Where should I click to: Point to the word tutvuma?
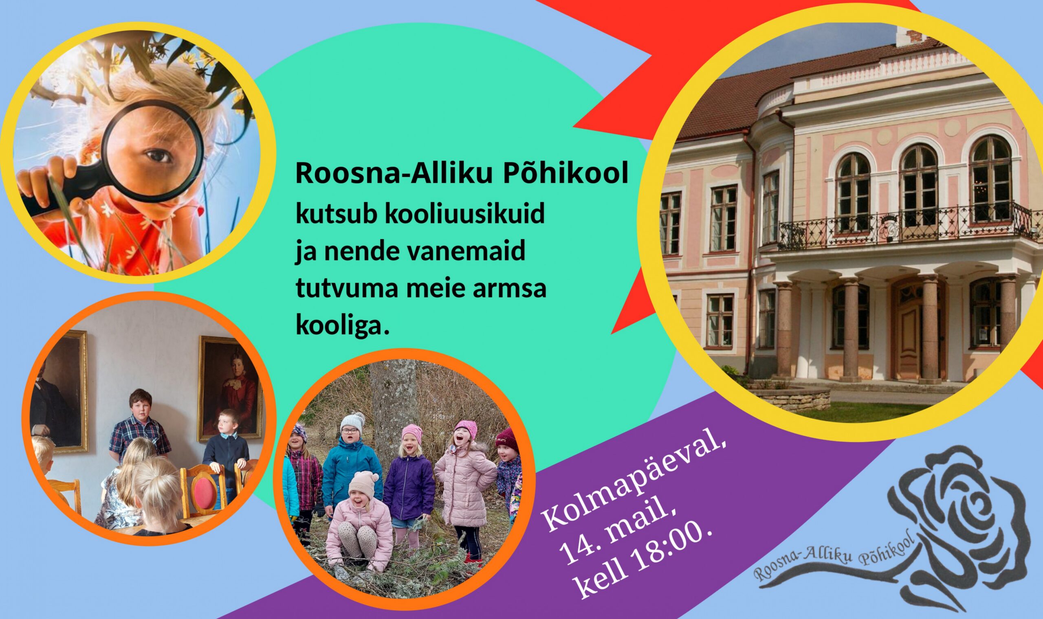coord(347,288)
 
